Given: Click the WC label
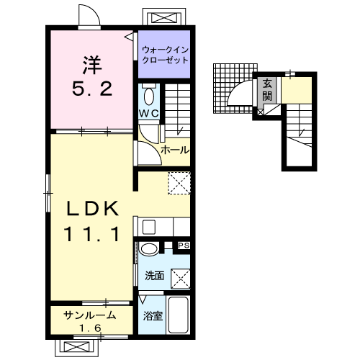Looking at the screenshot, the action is (149, 113).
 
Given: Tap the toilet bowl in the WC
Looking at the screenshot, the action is (149, 96).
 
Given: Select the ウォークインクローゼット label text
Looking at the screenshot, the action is (165, 55).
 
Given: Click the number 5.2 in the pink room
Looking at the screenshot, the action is (92, 89).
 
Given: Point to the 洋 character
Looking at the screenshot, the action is (92, 65).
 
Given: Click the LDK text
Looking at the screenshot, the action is (92, 209).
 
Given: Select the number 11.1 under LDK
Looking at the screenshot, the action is (91, 234).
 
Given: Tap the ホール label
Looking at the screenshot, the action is (175, 150).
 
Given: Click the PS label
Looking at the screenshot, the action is (184, 246).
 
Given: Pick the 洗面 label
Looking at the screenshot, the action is (154, 276).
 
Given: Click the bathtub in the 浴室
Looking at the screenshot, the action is (178, 315).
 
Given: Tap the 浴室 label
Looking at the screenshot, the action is (153, 316).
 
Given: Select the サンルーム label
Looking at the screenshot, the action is (90, 315).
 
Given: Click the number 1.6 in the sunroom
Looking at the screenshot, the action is (90, 328).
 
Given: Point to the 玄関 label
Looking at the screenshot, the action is (267, 90).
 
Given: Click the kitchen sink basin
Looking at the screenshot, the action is (149, 227).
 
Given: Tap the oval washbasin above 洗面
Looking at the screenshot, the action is (149, 248).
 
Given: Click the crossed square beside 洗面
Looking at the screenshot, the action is (180, 279).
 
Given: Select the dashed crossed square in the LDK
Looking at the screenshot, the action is (179, 183).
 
